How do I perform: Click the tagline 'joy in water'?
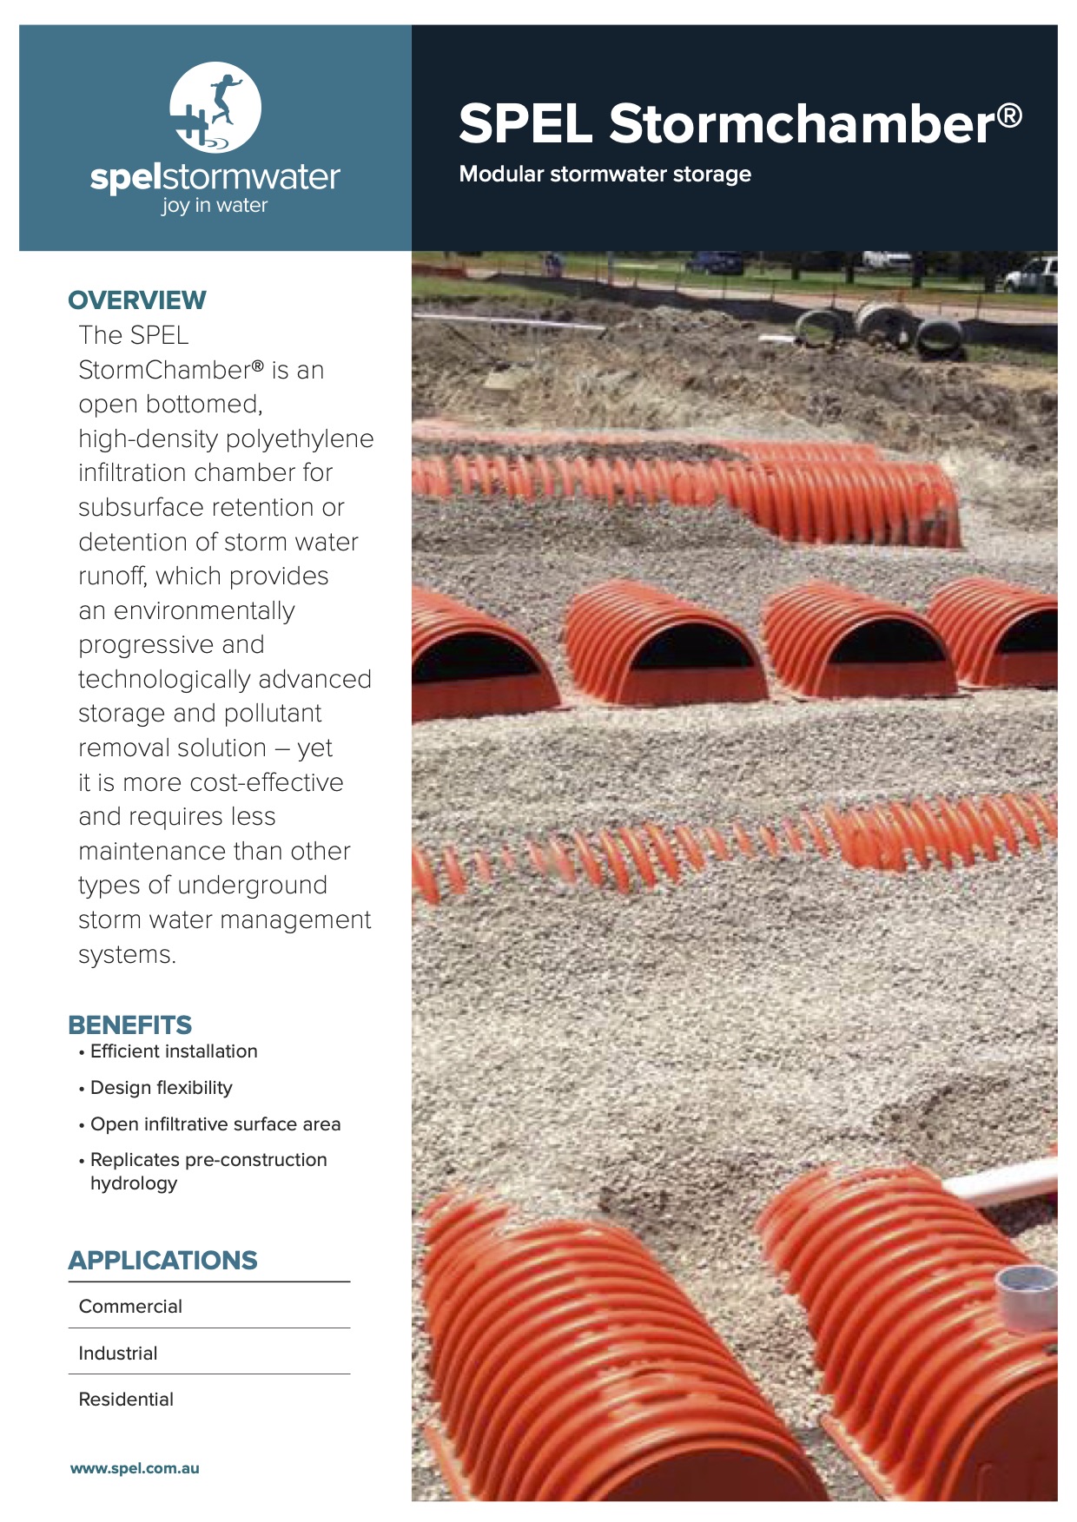click(215, 206)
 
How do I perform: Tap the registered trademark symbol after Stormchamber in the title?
click(1008, 115)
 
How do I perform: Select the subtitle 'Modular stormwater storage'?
click(605, 175)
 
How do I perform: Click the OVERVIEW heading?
click(137, 300)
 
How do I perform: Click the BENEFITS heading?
click(130, 1025)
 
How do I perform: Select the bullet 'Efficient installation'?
click(174, 1051)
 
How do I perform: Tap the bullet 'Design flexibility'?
click(162, 1088)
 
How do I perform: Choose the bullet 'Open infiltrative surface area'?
click(215, 1124)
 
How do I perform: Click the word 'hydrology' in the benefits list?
click(134, 1183)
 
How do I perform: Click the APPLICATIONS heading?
click(163, 1261)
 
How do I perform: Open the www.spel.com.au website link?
click(135, 1469)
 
